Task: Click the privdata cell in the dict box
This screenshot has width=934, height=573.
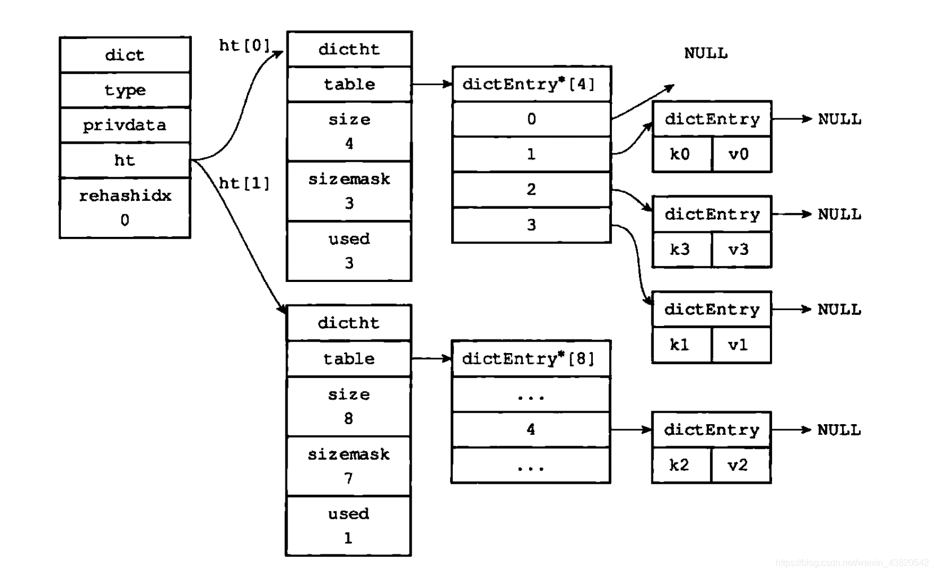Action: click(125, 125)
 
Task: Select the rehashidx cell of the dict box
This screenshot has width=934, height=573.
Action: click(125, 208)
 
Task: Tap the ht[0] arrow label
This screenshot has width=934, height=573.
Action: click(245, 46)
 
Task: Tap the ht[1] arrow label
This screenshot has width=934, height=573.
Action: click(245, 183)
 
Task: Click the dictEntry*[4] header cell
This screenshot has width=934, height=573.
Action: click(532, 84)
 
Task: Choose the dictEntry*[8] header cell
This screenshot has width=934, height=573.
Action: click(531, 359)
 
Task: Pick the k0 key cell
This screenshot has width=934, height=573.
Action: click(682, 154)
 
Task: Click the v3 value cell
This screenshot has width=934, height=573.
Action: click(741, 249)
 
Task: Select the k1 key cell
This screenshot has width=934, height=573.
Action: click(682, 345)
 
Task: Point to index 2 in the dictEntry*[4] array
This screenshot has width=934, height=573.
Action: click(532, 189)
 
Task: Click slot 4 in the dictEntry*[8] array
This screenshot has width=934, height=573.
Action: click(531, 430)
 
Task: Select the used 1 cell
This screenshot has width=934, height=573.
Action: click(349, 526)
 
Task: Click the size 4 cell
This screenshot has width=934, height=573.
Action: click(350, 131)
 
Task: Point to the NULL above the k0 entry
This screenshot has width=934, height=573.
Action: click(706, 54)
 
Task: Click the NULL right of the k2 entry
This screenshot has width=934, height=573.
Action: click(839, 430)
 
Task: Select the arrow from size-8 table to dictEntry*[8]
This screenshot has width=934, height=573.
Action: click(431, 358)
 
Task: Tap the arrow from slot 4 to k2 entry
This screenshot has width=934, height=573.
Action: click(631, 430)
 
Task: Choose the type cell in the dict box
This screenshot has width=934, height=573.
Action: click(125, 90)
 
